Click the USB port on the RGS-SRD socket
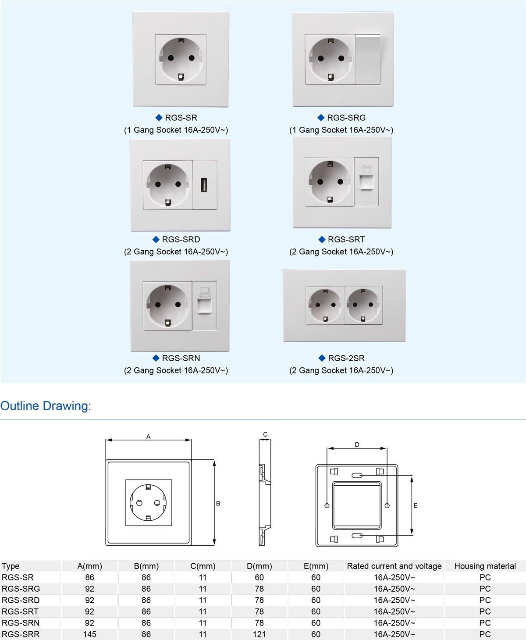coord(204,185)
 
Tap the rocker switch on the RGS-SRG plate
coord(368,60)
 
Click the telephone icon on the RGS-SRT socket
coord(366,169)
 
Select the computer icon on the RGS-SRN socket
coord(205,291)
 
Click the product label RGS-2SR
coord(346,358)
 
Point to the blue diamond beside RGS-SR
coord(159,117)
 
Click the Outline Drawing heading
coord(46,406)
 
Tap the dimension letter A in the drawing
coord(149,437)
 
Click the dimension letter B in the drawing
coord(218,503)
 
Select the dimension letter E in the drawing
coord(416,505)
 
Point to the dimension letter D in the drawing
coord(357,444)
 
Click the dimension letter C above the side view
coord(265,434)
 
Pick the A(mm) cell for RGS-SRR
coord(89,634)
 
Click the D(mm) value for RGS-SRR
coord(259,634)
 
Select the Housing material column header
coord(485,566)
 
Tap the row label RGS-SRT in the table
coord(20,612)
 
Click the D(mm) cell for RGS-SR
coord(259,577)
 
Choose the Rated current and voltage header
coord(394,566)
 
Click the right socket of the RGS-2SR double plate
coord(363,305)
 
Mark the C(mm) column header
coord(203,566)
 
